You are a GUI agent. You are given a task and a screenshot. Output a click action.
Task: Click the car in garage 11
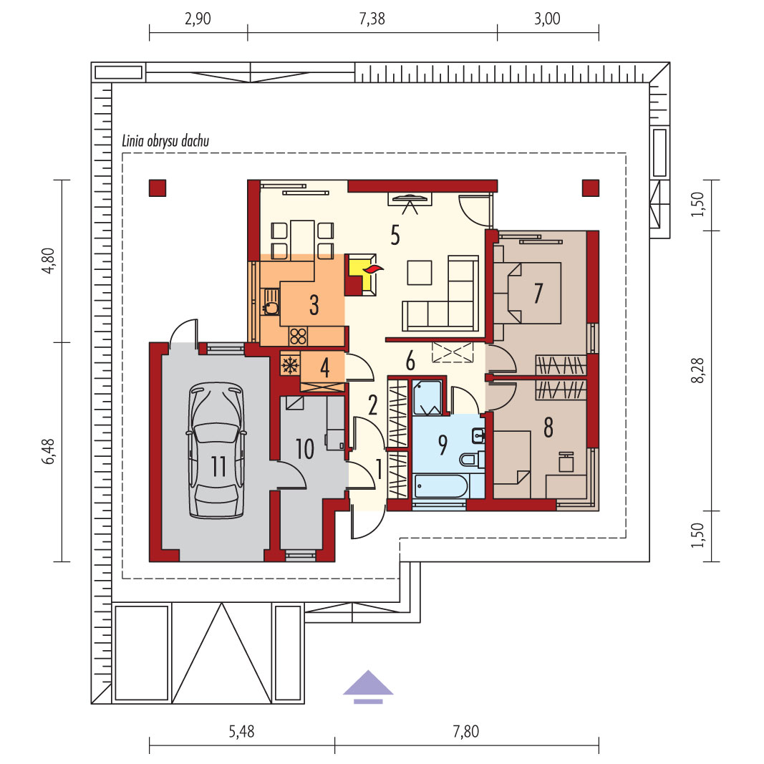click(216, 450)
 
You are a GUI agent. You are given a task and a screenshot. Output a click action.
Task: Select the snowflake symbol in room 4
click(291, 365)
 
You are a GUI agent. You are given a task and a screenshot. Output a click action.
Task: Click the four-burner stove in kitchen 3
click(298, 336)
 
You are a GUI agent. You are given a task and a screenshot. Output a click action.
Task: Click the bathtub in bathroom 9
click(441, 485)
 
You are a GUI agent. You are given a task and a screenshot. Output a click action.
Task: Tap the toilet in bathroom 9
click(471, 460)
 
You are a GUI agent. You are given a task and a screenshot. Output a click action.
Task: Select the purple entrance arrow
click(368, 687)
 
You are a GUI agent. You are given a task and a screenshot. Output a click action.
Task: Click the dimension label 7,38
click(372, 19)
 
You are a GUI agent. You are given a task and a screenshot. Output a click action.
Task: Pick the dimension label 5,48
click(242, 731)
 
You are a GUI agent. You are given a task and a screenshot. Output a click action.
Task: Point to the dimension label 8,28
click(698, 370)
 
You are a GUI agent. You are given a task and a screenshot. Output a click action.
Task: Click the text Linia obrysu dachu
click(165, 141)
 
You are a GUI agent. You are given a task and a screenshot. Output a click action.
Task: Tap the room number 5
click(395, 235)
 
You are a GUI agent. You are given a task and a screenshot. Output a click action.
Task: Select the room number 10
click(305, 449)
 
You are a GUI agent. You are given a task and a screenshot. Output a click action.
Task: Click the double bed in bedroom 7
click(527, 293)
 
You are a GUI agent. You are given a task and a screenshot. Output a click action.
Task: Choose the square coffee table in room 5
click(420, 272)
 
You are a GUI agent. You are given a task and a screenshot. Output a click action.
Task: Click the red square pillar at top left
click(158, 188)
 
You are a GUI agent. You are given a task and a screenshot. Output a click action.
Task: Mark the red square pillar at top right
click(591, 188)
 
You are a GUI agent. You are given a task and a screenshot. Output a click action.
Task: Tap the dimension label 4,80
click(48, 261)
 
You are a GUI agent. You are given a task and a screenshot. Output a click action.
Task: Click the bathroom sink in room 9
click(478, 435)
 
